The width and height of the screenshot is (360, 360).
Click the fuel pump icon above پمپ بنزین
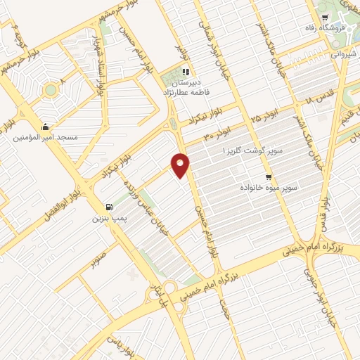coord(108,207)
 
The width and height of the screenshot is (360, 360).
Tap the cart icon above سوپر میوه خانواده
coord(268,177)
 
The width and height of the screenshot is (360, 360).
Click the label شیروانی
coord(344,51)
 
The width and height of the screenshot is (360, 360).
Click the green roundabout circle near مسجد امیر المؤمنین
coord(50,91)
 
